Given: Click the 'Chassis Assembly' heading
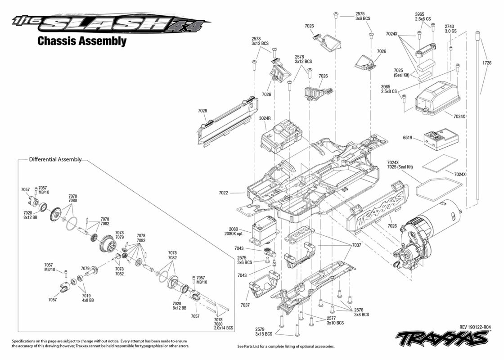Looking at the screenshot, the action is (x=81, y=41).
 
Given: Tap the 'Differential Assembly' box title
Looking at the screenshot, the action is (x=55, y=159).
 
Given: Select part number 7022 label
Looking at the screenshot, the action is (x=223, y=193).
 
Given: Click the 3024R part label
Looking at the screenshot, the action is (x=265, y=118).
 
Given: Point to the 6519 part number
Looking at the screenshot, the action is (x=407, y=138).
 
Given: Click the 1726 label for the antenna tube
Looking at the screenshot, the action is (x=486, y=63).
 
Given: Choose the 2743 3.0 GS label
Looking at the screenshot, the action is (x=450, y=29).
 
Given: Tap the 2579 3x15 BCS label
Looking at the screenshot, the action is (x=264, y=332).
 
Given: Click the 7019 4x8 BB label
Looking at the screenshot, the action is (x=86, y=298).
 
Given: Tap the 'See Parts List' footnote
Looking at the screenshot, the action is (x=286, y=346).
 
